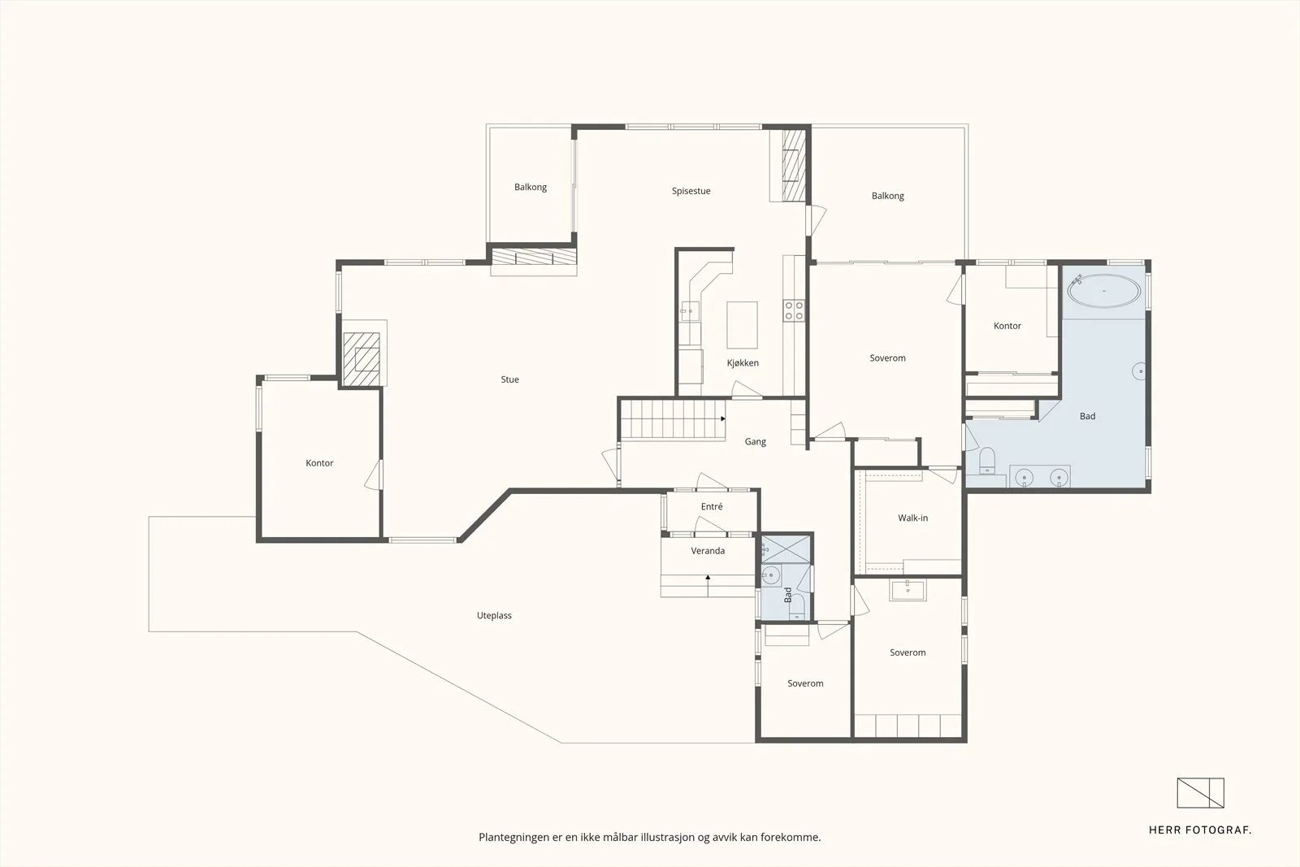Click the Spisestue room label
coord(691,191)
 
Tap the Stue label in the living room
coord(509,379)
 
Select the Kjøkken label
coord(743,363)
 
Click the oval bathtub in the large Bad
coord(1104,291)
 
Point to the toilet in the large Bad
coord(986,461)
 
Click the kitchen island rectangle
coord(742,325)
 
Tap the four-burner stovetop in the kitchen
coord(793,310)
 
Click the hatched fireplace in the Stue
coord(361,359)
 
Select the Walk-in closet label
coord(912,518)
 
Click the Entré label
coord(712,506)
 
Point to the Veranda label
coord(708,551)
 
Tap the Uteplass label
coord(494,616)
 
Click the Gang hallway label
coord(755,442)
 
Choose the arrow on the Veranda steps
coord(708,585)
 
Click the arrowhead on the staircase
coord(723,418)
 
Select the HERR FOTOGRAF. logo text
coord(1199,830)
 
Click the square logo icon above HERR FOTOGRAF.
coord(1200,793)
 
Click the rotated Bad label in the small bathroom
coord(787,595)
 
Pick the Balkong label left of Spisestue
coord(531,188)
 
